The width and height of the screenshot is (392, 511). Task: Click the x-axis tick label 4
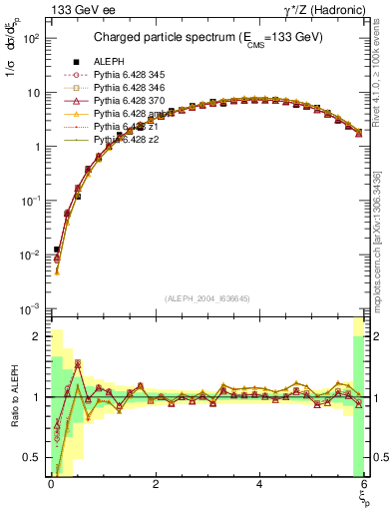(259, 484)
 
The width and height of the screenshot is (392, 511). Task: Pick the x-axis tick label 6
(364, 484)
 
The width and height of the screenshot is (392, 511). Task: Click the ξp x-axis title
(363, 497)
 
